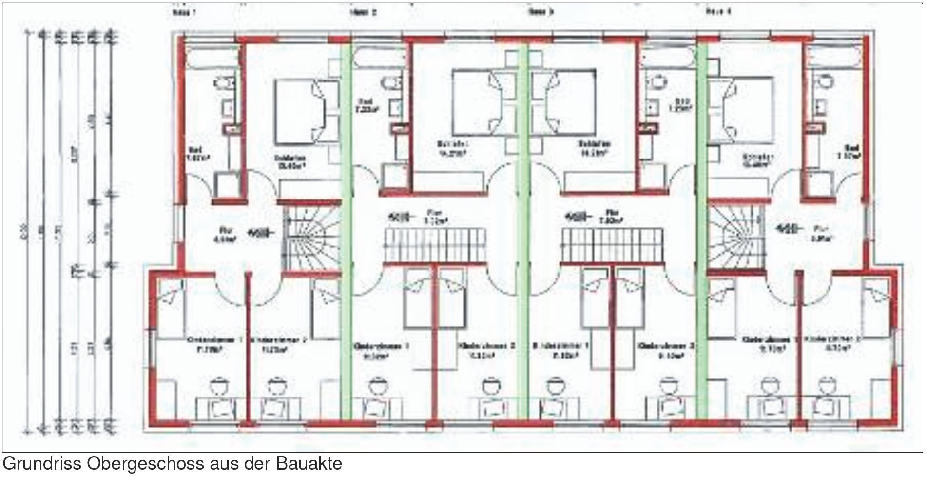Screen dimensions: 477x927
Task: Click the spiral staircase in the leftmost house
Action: pos(310,237)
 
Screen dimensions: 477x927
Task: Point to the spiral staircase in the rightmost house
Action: pos(735,237)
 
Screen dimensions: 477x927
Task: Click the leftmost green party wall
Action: pos(346,229)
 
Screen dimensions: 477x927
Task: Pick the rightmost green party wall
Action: pos(702,229)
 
